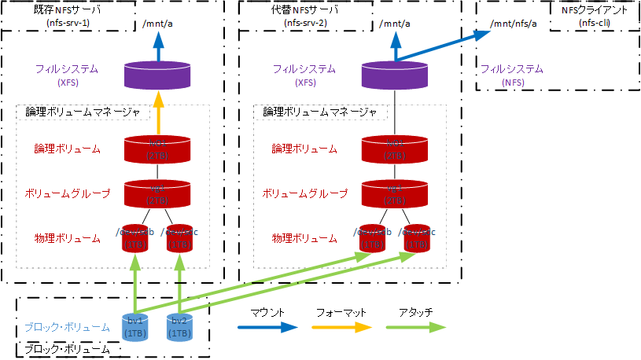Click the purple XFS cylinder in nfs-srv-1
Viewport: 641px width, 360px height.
tap(158, 75)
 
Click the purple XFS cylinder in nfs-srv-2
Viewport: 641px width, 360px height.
tap(394, 75)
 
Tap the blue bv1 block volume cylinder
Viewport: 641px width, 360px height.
tap(135, 327)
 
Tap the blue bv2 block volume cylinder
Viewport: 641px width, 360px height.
tap(179, 327)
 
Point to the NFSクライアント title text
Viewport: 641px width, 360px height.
tap(595, 10)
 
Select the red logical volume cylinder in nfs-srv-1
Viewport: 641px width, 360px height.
tap(158, 149)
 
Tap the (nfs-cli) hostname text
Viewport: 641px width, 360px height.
tap(595, 24)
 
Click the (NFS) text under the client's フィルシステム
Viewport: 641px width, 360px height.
tap(513, 82)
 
